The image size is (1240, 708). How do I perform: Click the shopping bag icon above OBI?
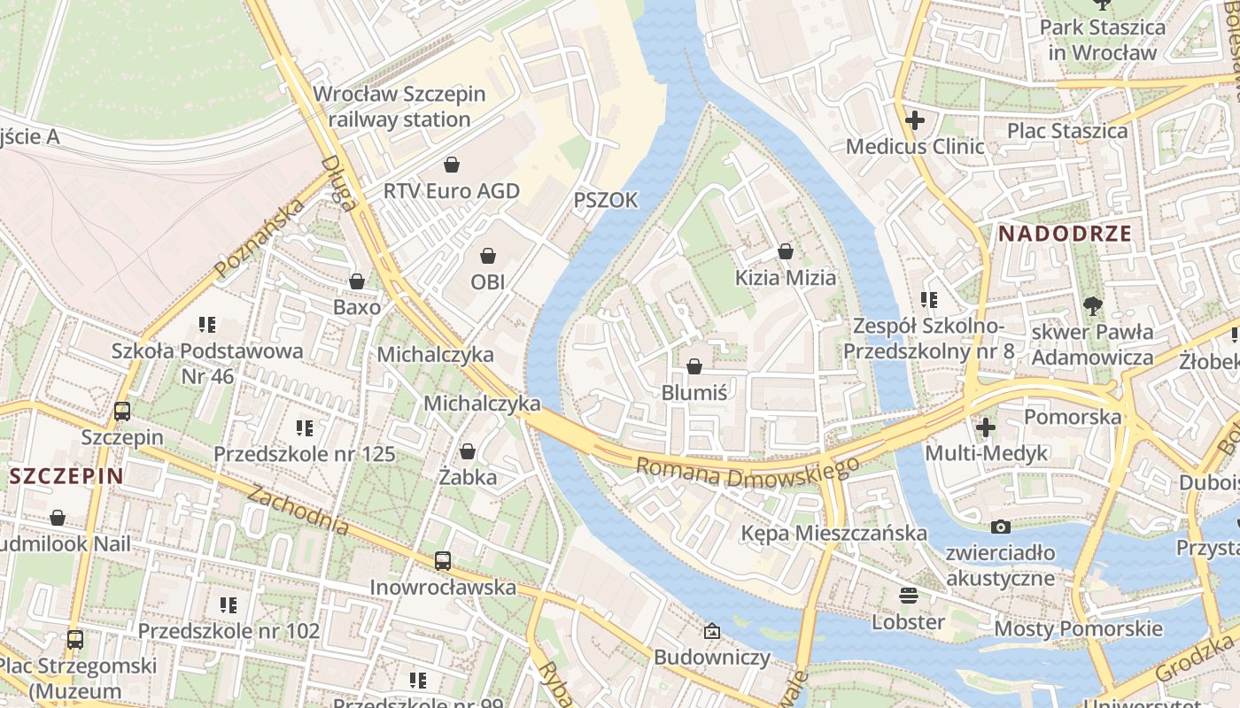(487, 257)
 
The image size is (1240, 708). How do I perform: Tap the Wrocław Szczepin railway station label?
(399, 106)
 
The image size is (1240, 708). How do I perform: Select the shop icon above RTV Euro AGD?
(452, 165)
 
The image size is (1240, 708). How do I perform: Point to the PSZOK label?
(606, 200)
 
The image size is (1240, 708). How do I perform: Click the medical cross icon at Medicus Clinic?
(915, 120)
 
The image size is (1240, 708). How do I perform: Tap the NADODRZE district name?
(1065, 234)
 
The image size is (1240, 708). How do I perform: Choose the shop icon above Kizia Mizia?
(785, 252)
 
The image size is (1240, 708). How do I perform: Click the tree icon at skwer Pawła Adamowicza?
(1093, 306)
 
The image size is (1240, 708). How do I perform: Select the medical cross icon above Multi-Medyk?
(985, 427)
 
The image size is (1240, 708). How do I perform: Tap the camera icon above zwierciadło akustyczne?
(1001, 527)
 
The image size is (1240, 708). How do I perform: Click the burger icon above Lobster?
(908, 595)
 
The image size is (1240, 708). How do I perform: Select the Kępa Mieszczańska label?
(833, 533)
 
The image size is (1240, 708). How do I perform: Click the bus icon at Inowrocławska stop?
(442, 561)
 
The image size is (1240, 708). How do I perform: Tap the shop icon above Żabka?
(468, 451)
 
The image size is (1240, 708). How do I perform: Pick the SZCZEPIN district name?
(66, 476)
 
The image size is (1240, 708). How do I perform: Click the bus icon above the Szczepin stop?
(122, 412)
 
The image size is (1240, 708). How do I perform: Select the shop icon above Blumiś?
(694, 366)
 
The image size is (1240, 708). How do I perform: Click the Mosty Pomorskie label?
(1078, 628)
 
